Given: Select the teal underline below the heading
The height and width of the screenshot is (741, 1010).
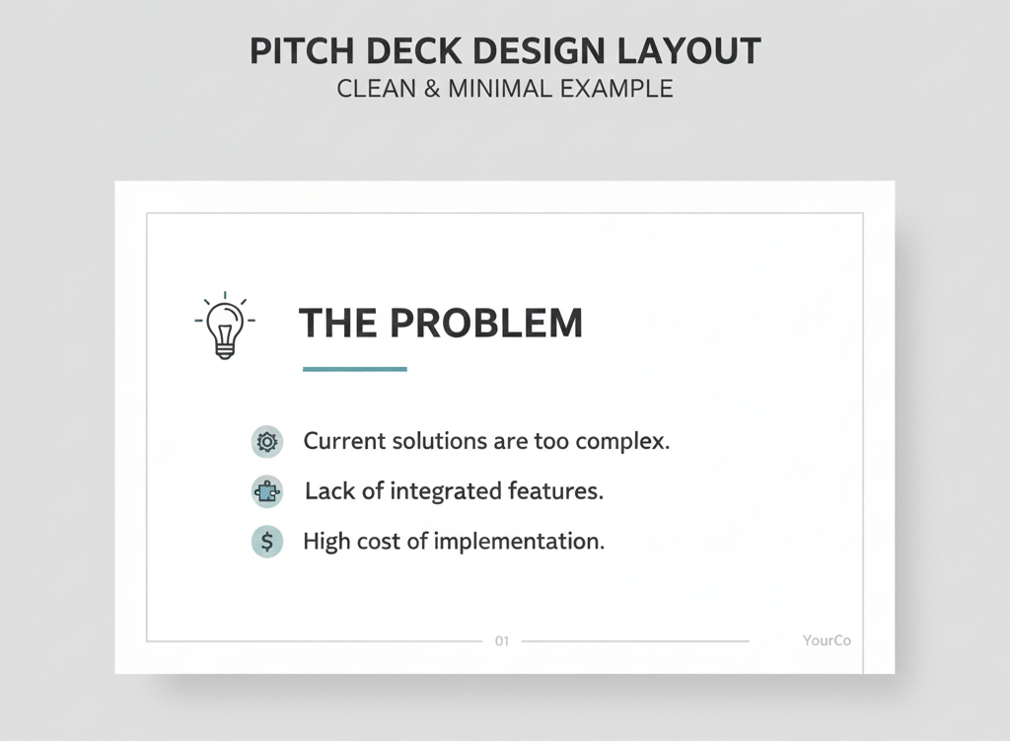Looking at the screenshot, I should (355, 369).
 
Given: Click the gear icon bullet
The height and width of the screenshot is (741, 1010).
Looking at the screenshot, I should (266, 441).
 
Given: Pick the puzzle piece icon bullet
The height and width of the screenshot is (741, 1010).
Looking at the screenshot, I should (266, 491).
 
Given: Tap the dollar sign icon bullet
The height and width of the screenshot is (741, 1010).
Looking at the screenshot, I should (266, 542).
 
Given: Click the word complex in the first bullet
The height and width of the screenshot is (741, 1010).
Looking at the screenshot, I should (623, 441).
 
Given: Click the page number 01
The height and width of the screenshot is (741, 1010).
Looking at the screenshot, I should (502, 641).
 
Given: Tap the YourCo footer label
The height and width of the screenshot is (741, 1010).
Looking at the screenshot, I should (827, 640).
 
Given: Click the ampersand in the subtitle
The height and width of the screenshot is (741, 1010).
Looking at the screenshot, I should (432, 88).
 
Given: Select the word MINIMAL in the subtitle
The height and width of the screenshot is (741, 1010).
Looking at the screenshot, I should (499, 88).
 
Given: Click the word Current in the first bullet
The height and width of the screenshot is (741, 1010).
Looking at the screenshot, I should (342, 441).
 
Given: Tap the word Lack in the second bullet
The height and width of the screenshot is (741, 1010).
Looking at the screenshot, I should (328, 490).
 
